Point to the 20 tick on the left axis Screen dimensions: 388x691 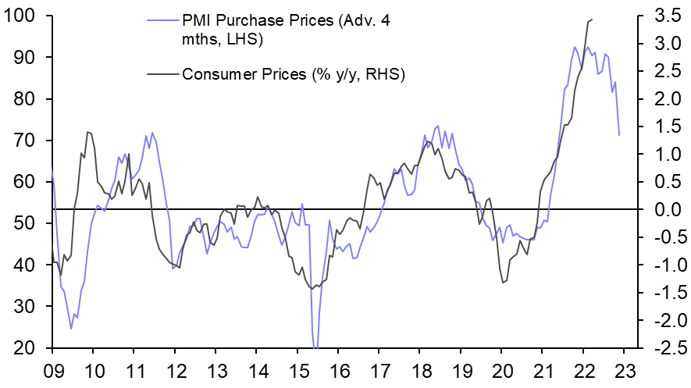coord(27,348)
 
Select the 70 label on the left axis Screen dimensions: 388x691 coord(27,141)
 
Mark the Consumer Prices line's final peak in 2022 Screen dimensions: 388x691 coord(593,19)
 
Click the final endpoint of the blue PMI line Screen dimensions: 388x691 coord(619,135)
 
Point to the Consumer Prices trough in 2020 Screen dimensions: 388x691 coord(503,283)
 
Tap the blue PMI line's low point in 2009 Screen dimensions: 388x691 coord(71,329)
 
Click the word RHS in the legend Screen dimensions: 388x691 coord(390,74)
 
